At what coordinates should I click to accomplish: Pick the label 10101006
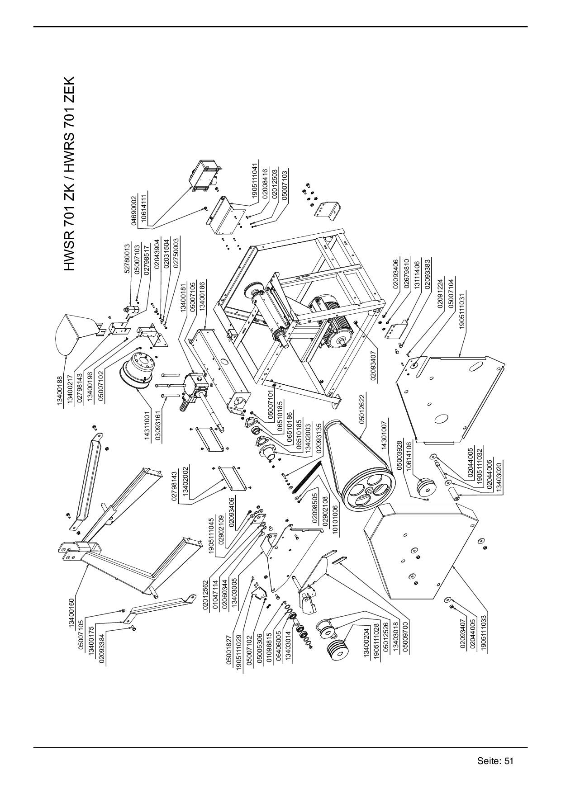point(335,514)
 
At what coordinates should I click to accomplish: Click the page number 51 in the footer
point(509,760)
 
